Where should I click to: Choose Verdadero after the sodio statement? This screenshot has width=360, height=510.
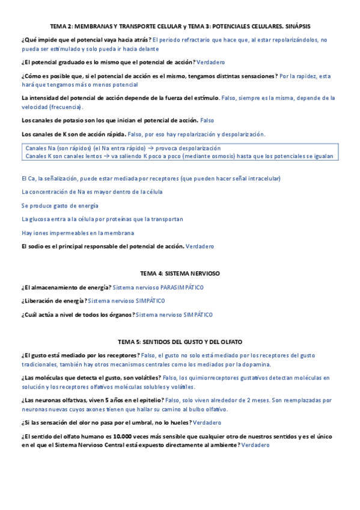pyautogui.click(x=200, y=247)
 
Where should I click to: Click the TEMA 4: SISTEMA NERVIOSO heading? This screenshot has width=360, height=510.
pyautogui.click(x=180, y=273)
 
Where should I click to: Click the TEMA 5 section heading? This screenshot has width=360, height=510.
pyautogui.click(x=180, y=342)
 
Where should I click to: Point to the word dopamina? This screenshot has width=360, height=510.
pyautogui.click(x=257, y=364)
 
